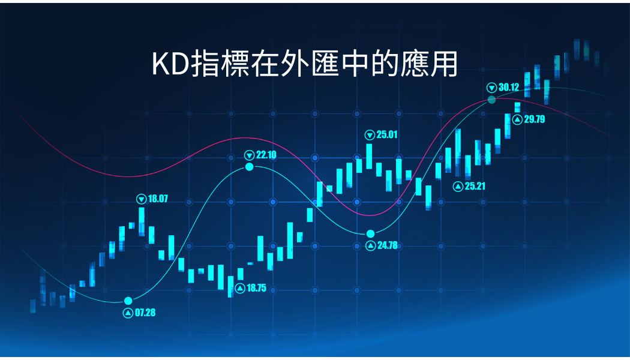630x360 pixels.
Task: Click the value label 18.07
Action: pyautogui.click(x=158, y=199)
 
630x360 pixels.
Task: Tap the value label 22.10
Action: pyautogui.click(x=266, y=155)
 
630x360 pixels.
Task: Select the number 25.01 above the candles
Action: pyautogui.click(x=387, y=134)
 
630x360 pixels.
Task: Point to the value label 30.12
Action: pyautogui.click(x=509, y=87)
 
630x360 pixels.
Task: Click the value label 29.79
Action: pyautogui.click(x=535, y=119)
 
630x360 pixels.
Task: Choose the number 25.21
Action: pyautogui.click(x=475, y=186)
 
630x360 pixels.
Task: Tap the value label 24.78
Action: pyautogui.click(x=388, y=245)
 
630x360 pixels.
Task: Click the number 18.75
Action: pyautogui.click(x=256, y=288)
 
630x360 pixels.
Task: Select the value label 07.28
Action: pyautogui.click(x=145, y=313)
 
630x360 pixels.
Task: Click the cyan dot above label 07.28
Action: pyautogui.click(x=128, y=301)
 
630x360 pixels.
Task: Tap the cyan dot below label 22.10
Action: pyautogui.click(x=250, y=167)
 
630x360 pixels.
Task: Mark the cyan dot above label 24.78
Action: pyautogui.click(x=370, y=234)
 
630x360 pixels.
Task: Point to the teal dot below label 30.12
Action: pyautogui.click(x=492, y=100)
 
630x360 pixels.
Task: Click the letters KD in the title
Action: pyautogui.click(x=170, y=64)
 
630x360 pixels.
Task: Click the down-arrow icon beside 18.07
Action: pyautogui.click(x=142, y=199)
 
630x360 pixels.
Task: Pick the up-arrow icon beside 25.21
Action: pyautogui.click(x=458, y=187)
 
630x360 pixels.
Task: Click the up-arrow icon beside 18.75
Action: pyautogui.click(x=240, y=289)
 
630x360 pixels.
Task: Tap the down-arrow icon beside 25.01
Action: pyautogui.click(x=370, y=135)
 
